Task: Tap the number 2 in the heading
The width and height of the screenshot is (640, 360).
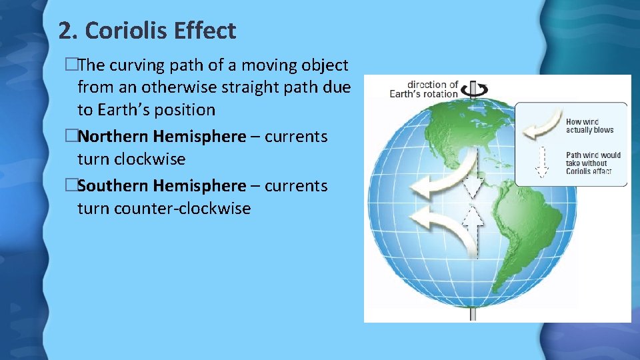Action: coord(64,31)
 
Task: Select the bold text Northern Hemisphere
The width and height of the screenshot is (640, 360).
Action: coord(161,137)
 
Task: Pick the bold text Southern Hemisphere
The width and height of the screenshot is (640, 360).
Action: coord(161,186)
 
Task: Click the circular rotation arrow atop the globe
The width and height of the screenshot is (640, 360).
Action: coord(479,89)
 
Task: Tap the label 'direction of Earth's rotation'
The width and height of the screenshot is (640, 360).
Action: coord(425,89)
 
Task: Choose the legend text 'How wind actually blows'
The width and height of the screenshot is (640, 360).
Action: coord(589,125)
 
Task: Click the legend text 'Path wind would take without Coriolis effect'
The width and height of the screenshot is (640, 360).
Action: coord(593,163)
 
